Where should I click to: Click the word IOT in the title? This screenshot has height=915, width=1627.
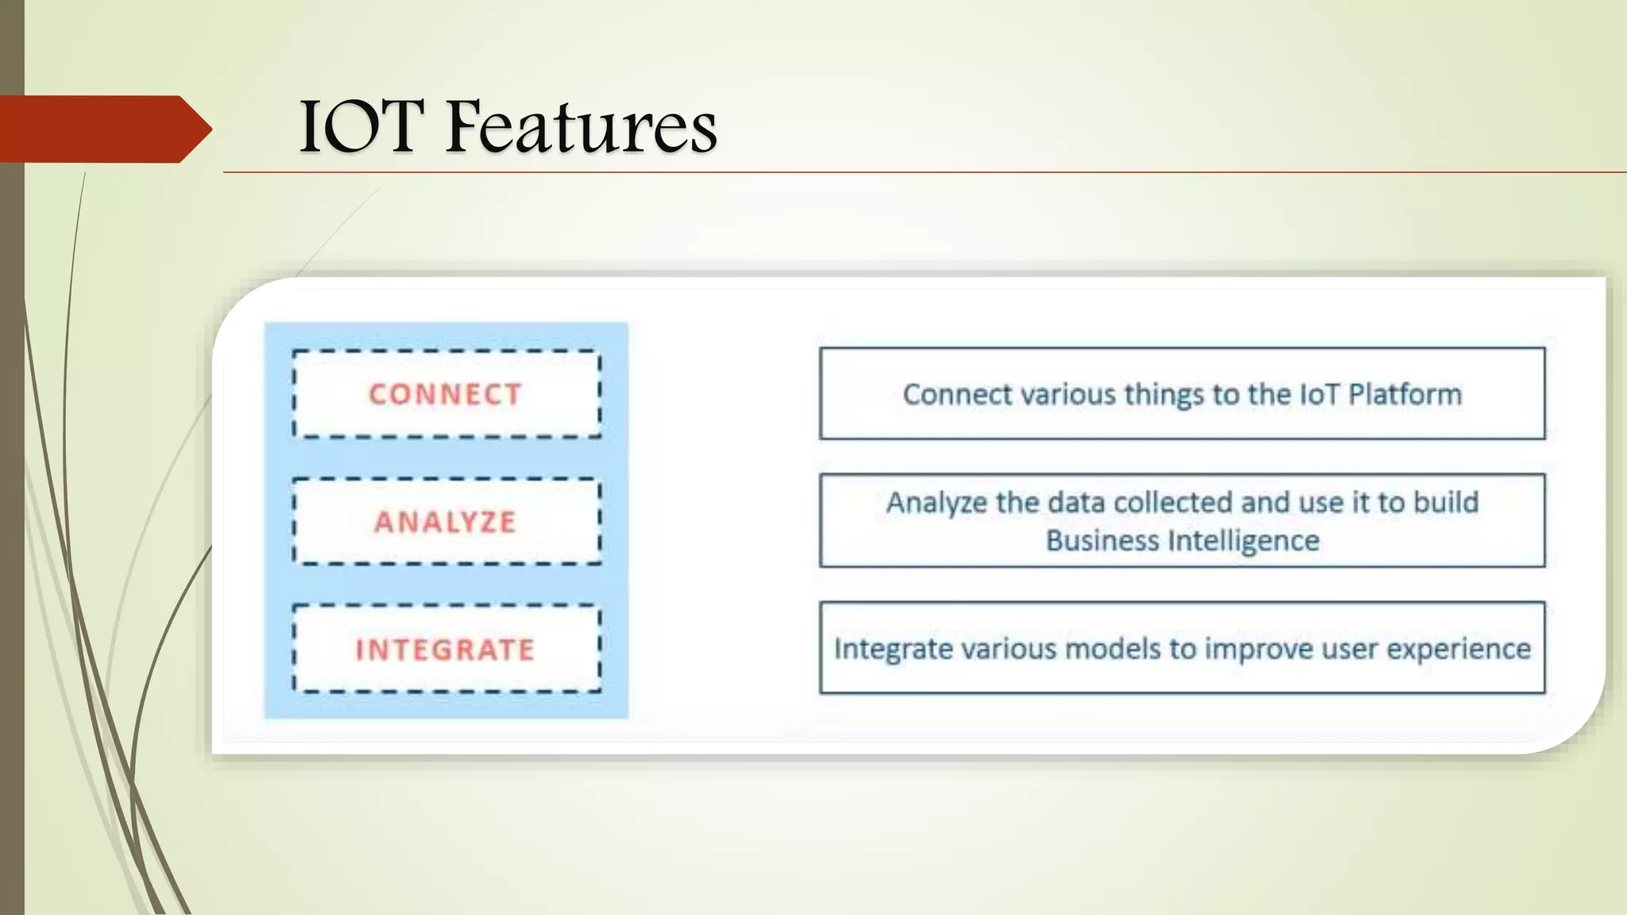point(357,127)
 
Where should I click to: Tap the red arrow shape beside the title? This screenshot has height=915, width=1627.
point(103,129)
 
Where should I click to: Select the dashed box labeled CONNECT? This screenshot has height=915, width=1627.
point(446,394)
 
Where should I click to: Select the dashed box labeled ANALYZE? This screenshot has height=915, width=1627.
point(446,522)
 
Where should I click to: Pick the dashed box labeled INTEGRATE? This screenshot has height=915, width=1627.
point(446,650)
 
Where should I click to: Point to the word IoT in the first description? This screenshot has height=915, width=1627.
point(1319,395)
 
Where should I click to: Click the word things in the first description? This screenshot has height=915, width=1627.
point(1164,395)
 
